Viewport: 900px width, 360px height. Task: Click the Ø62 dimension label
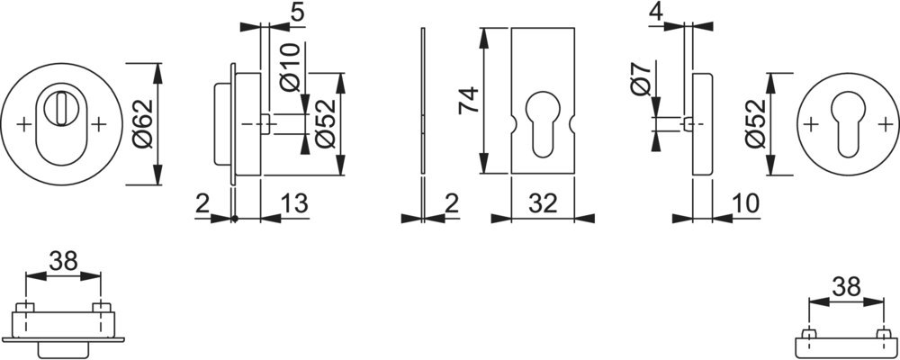pyautogui.click(x=144, y=124)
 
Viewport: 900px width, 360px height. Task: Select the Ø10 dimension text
pyautogui.click(x=291, y=67)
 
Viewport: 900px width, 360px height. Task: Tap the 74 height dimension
pyautogui.click(x=469, y=101)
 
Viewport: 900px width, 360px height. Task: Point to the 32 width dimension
pyautogui.click(x=543, y=203)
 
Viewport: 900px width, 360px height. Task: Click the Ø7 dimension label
pyautogui.click(x=641, y=80)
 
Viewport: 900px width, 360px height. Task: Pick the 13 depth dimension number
pyautogui.click(x=294, y=203)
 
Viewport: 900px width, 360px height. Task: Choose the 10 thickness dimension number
pyautogui.click(x=745, y=203)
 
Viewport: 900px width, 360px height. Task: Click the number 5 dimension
pyautogui.click(x=297, y=13)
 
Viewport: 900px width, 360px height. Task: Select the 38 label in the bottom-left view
pyautogui.click(x=63, y=261)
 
